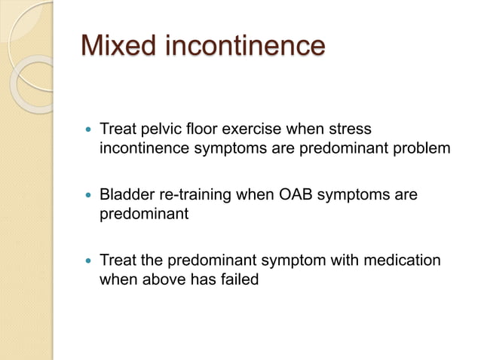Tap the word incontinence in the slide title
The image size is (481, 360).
pyautogui.click(x=244, y=46)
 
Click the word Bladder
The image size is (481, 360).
pyautogui.click(x=127, y=195)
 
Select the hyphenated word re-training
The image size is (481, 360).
pyautogui.click(x=195, y=195)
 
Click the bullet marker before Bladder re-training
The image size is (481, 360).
pyautogui.click(x=90, y=196)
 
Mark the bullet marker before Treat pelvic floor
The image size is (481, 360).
pyautogui.click(x=90, y=130)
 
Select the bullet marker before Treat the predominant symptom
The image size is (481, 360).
pyautogui.click(x=90, y=261)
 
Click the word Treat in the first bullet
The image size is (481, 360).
pyautogui.click(x=118, y=130)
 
